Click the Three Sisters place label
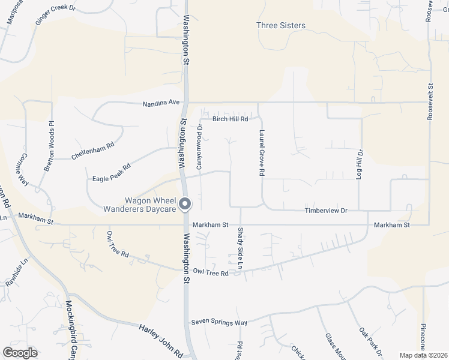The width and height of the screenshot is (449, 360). click(x=280, y=26)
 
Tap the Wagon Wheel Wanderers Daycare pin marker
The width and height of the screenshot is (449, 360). click(x=185, y=204)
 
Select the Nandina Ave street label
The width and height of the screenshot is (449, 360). click(x=161, y=103)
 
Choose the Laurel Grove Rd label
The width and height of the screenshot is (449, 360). click(x=262, y=153)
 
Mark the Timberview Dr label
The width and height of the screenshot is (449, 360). click(x=327, y=211)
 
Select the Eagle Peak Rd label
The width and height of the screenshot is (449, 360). click(x=112, y=172)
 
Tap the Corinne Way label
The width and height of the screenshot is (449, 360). click(x=23, y=170)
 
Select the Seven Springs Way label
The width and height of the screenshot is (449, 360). click(x=219, y=322)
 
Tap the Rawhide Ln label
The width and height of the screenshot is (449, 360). click(x=17, y=270)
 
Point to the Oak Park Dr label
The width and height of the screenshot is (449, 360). click(x=371, y=341)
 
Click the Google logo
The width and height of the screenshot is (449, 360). click(x=20, y=353)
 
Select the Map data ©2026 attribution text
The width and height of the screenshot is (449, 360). click(x=423, y=355)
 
